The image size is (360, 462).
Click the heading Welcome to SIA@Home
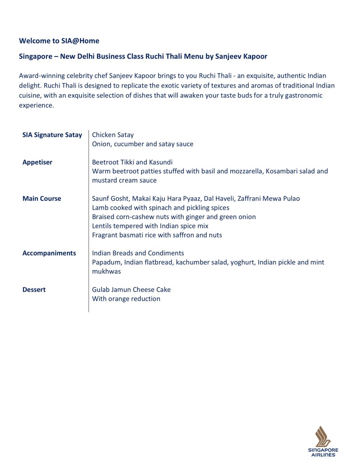[59, 41]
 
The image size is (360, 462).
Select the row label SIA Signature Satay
[52, 135]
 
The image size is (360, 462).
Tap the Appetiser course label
[37, 162]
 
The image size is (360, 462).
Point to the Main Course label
[42, 199]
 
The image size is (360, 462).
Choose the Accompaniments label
[49, 253]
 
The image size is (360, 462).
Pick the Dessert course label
[34, 290]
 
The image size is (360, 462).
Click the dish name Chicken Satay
[112, 135]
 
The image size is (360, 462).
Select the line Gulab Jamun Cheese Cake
[131, 289]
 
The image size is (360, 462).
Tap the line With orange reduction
[126, 299]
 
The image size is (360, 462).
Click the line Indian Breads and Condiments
[138, 253]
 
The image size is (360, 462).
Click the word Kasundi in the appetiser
[160, 162]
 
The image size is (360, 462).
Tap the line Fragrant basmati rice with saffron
[157, 235]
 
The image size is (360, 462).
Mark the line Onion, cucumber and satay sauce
[142, 144]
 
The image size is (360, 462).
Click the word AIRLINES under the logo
[323, 455]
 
